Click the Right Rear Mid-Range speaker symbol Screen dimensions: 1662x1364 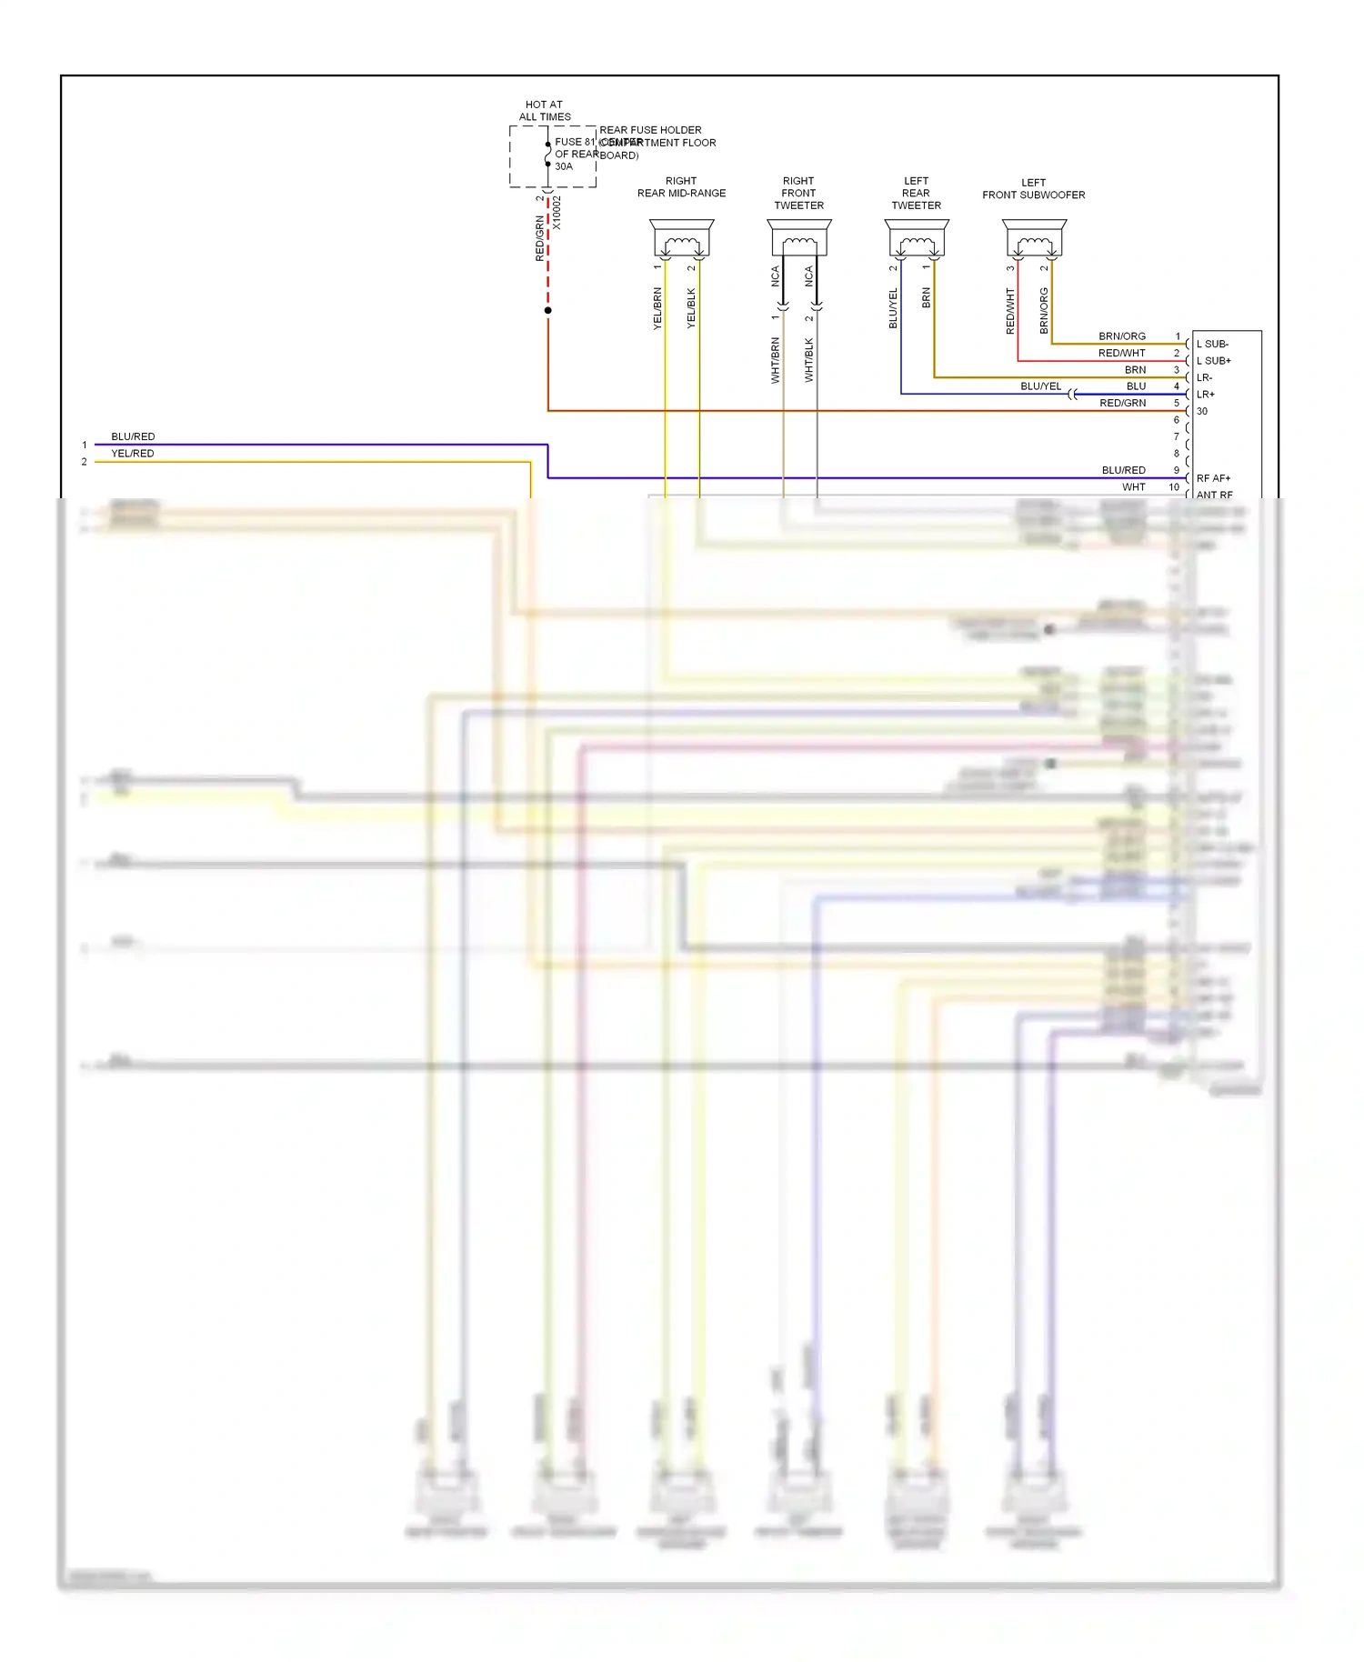682,239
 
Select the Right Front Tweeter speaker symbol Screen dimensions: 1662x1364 799,239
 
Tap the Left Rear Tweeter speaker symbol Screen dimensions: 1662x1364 917,239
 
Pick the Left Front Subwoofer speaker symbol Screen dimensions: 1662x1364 1034,239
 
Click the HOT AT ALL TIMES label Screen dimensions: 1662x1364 545,111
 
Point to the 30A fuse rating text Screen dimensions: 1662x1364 564,166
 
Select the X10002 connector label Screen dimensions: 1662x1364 557,213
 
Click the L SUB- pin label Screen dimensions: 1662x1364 1212,345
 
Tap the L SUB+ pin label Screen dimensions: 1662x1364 1214,361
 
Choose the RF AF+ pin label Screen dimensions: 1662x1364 1213,478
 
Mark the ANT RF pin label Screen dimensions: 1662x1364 1214,495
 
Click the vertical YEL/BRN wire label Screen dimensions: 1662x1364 657,308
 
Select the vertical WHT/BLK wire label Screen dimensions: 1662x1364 808,360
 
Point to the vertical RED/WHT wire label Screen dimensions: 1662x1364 1009,312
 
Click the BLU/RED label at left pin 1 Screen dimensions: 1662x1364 133,436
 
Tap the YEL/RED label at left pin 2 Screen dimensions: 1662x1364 133,454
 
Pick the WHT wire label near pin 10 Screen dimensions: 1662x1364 1133,487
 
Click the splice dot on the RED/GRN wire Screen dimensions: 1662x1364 547,311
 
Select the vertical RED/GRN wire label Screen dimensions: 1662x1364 540,238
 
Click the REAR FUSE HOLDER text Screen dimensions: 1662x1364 650,130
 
